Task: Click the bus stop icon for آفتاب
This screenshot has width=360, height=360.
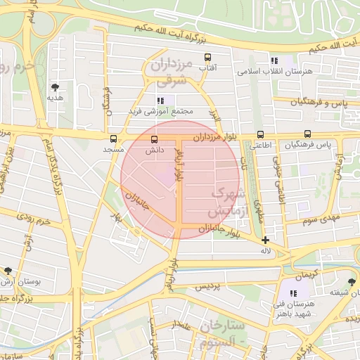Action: click(207, 57)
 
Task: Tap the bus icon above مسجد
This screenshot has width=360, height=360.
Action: click(113, 139)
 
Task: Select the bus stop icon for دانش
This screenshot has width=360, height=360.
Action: click(155, 139)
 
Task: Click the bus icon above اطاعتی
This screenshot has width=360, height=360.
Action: click(261, 134)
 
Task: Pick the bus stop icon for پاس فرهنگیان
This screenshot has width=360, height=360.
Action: click(307, 134)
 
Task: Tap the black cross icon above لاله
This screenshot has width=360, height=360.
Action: click(265, 240)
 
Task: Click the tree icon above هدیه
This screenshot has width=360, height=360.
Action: click(55, 88)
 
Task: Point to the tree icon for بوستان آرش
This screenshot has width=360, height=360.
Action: click(8, 271)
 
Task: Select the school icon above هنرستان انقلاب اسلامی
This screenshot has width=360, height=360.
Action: click(274, 61)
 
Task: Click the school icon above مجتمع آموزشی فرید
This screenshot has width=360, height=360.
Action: click(161, 101)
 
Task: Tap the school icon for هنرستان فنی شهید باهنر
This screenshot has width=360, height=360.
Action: click(293, 292)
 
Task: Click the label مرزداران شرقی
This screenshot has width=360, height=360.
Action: click(170, 72)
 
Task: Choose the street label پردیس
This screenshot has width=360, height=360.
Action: click(208, 285)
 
